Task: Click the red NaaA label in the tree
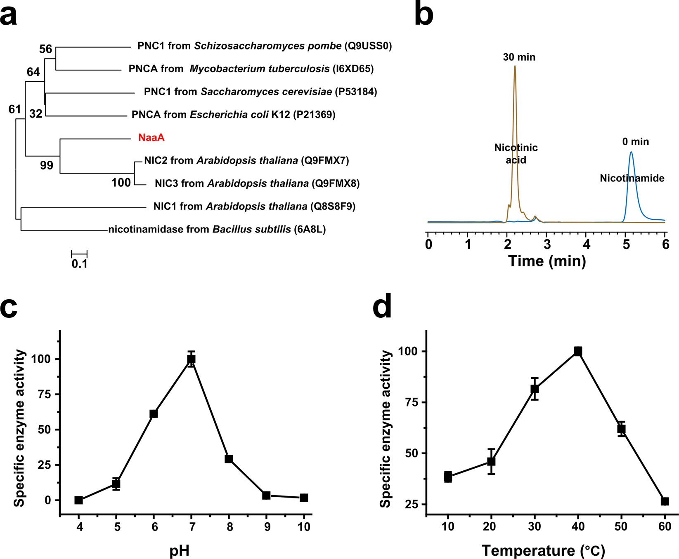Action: point(151,138)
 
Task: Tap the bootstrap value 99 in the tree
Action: point(46,165)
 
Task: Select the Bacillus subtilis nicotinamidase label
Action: point(217,230)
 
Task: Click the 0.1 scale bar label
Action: point(79,264)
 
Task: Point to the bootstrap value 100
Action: point(121,183)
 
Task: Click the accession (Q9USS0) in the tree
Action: point(368,46)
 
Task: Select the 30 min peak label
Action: point(519,57)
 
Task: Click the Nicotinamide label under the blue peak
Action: point(632,179)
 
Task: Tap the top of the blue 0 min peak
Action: point(631,152)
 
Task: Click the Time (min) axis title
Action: point(547,261)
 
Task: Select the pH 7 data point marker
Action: point(191,359)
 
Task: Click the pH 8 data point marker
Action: point(229,459)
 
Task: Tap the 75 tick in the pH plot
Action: point(48,395)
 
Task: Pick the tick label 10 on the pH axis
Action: point(304,527)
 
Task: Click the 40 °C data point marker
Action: point(578,351)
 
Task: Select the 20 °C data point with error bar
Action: point(491,461)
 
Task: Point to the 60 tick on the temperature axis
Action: point(664,527)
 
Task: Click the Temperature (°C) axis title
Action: point(543,550)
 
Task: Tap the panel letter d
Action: point(382,307)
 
